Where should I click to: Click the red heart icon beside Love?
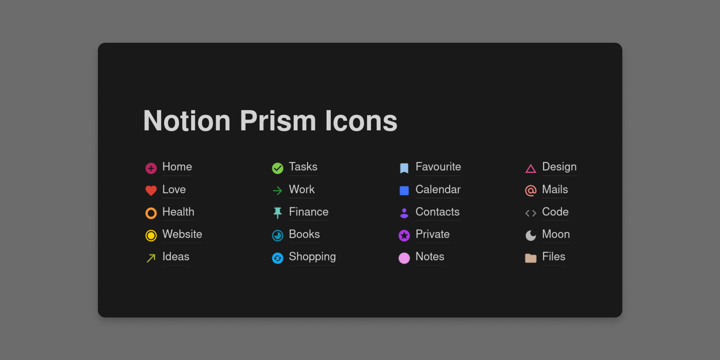click(x=151, y=190)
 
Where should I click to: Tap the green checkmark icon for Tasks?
click(x=277, y=168)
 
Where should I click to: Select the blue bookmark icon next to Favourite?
click(x=404, y=168)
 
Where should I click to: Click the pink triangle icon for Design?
click(x=531, y=169)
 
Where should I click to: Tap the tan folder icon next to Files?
click(x=531, y=258)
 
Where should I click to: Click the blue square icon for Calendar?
click(x=404, y=191)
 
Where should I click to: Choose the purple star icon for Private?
click(x=404, y=235)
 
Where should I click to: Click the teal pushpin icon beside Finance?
click(x=277, y=213)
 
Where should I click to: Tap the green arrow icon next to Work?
click(x=277, y=191)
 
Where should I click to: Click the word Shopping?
click(x=312, y=257)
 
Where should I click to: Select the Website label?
click(x=182, y=234)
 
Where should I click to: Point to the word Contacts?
click(x=438, y=211)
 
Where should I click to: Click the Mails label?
click(x=555, y=189)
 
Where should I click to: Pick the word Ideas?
click(x=176, y=256)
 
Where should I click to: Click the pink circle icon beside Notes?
click(x=404, y=258)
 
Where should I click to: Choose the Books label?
click(x=304, y=234)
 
